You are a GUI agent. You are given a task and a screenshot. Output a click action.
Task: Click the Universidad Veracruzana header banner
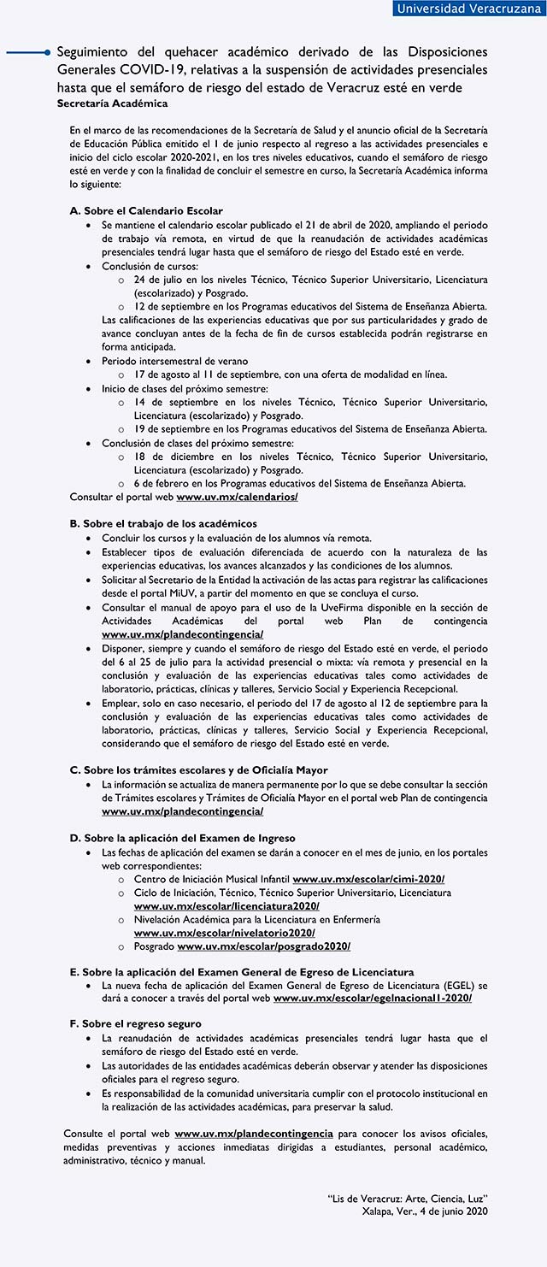click(468, 9)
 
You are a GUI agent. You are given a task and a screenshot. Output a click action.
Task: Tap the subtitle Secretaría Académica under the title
click(112, 103)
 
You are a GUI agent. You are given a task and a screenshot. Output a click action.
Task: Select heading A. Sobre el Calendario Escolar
click(146, 210)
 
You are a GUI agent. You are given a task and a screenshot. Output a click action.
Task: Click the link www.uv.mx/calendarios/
click(237, 497)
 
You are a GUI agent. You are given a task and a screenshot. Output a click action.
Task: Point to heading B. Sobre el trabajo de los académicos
click(163, 523)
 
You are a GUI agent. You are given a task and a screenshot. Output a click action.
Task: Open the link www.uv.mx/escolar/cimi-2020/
click(368, 879)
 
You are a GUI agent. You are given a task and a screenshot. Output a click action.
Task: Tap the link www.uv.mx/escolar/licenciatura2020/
click(226, 905)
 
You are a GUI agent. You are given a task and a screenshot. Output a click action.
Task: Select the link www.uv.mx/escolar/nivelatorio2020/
click(224, 933)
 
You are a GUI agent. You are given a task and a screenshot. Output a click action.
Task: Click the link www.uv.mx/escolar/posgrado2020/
click(263, 946)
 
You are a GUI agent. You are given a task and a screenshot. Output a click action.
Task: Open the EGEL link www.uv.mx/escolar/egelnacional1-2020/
click(372, 998)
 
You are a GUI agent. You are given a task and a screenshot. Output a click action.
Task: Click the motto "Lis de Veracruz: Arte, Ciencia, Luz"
click(407, 1199)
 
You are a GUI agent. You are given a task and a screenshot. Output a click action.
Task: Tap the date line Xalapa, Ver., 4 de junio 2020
click(425, 1211)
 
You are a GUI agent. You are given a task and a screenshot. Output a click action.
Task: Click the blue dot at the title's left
click(48, 53)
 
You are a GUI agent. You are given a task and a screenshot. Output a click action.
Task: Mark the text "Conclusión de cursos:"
click(150, 266)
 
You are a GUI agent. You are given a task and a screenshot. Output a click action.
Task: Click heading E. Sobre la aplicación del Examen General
click(241, 972)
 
